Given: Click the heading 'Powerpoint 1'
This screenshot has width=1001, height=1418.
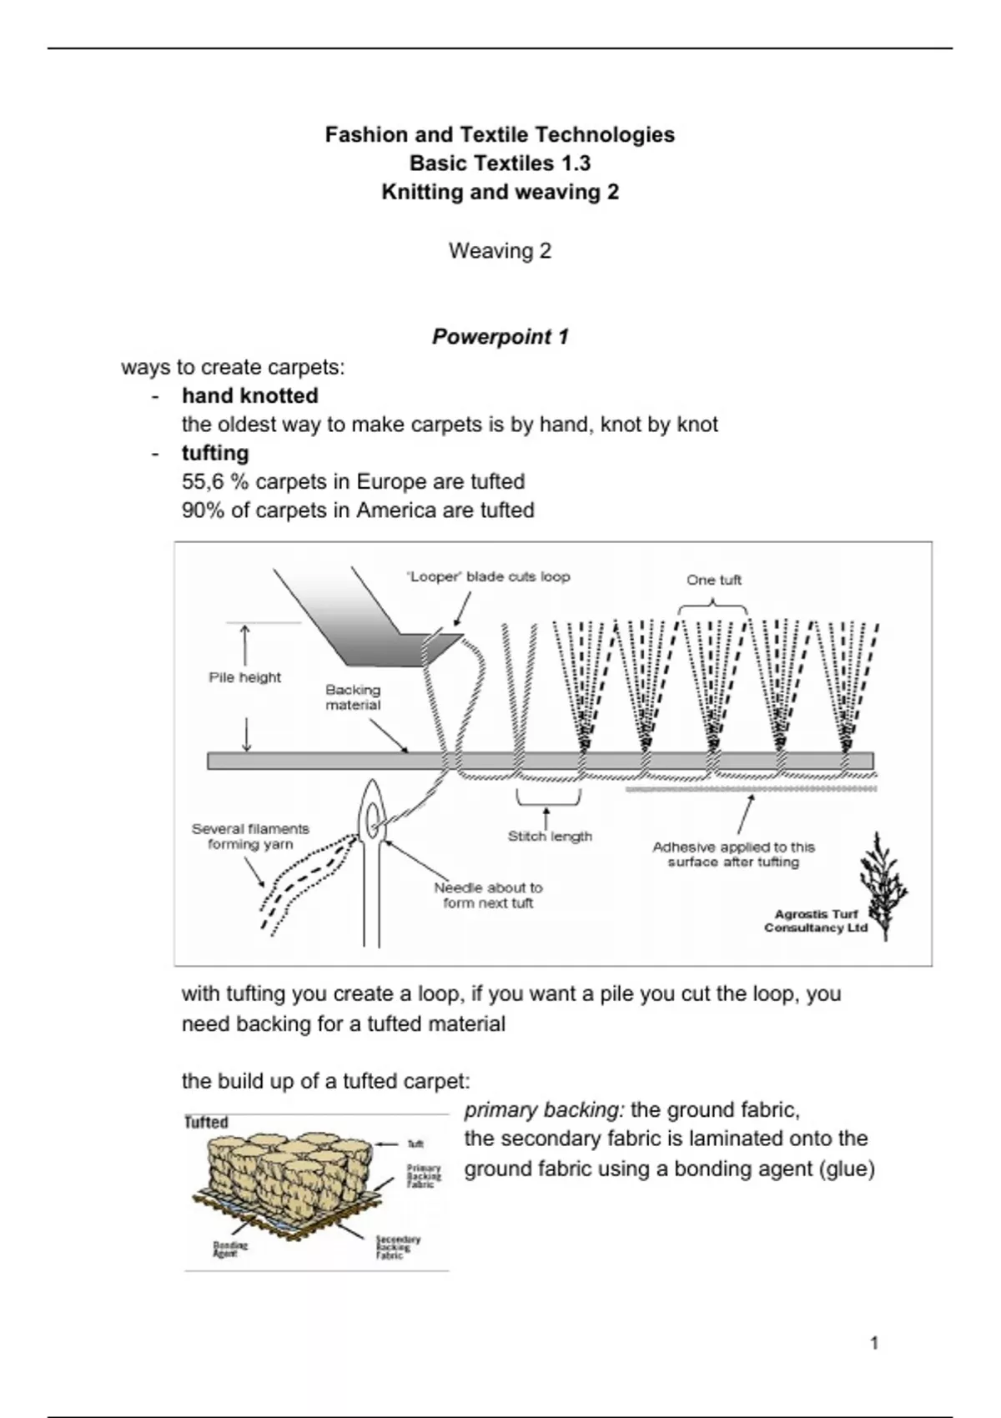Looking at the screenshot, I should [x=500, y=337].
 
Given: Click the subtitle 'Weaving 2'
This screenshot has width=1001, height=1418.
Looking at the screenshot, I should [x=500, y=251].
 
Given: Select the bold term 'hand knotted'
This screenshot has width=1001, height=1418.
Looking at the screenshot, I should [x=249, y=395].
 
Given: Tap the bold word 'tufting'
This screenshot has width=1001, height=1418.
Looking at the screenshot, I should [x=215, y=453].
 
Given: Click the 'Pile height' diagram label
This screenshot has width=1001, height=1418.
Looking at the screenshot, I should [x=244, y=677].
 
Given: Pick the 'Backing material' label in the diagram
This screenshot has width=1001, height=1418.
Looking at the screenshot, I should [x=353, y=697].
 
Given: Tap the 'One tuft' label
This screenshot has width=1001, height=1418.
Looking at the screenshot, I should [x=714, y=580].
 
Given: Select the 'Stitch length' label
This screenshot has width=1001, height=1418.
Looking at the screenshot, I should [x=550, y=836].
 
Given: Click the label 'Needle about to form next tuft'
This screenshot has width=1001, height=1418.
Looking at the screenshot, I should [x=488, y=895].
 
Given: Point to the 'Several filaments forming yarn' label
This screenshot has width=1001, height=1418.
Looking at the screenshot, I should [x=250, y=836].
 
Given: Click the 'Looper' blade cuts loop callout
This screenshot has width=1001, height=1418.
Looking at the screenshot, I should [x=488, y=576].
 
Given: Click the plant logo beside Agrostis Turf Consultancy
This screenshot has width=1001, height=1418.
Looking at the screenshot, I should [x=883, y=884].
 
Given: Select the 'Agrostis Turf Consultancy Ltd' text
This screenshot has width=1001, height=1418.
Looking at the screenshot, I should [x=816, y=921].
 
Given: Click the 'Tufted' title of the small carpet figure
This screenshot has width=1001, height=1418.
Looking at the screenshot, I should [x=206, y=1123].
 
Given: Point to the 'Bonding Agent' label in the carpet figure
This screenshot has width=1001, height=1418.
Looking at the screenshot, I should [x=230, y=1249].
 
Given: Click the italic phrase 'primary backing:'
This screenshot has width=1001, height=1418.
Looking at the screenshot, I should [x=544, y=1110].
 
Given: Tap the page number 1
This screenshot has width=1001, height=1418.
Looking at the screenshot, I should [x=874, y=1343].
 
